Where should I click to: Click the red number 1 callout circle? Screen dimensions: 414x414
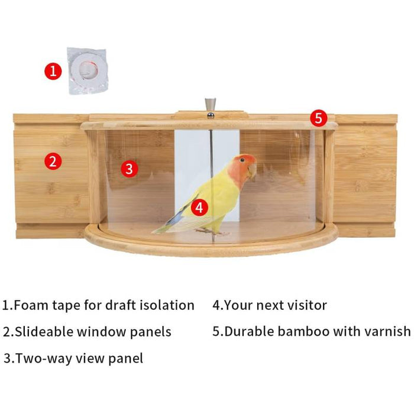click(53, 72)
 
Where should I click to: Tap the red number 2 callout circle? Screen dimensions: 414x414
click(53, 161)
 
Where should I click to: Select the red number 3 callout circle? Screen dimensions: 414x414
click(130, 169)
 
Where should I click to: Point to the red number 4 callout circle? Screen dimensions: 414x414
click(200, 207)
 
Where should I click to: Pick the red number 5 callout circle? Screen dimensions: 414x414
click(319, 118)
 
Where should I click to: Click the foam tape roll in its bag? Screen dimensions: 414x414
click(88, 71)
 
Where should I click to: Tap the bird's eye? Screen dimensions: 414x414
click(242, 160)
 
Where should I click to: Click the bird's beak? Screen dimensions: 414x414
click(252, 172)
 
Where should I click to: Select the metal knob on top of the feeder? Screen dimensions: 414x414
click(211, 106)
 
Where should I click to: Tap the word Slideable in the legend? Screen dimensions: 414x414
click(43, 332)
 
